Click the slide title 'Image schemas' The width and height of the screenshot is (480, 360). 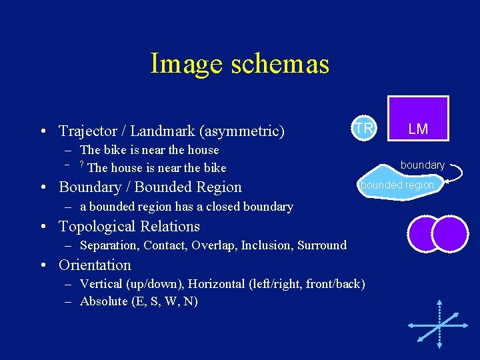[240, 64]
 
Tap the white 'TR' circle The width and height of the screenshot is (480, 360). [363, 128]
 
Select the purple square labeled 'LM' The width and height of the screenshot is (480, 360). [418, 119]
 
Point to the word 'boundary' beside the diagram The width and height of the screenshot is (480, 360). [422, 165]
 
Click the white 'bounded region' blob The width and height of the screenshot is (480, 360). [397, 185]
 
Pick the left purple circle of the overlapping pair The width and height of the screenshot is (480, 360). [421, 233]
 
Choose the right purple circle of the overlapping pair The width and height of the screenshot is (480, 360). [450, 233]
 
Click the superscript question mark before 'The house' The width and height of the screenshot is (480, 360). [81, 165]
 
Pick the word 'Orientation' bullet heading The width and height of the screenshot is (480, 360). [95, 265]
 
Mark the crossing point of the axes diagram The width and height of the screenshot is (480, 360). [439, 325]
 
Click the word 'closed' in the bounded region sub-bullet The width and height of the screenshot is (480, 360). [209, 207]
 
